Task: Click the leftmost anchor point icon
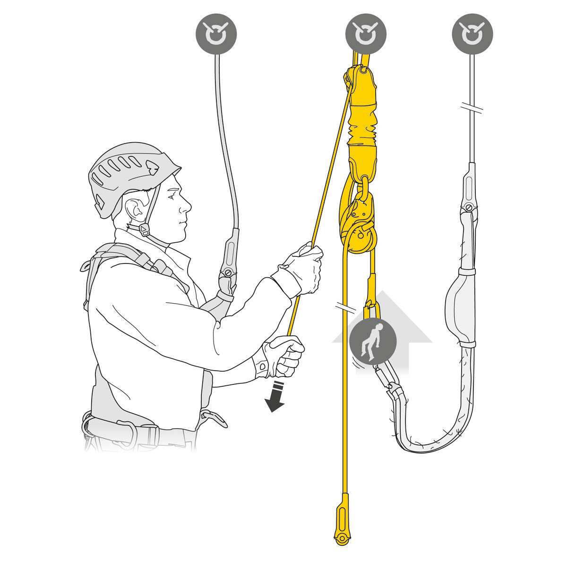[216, 34]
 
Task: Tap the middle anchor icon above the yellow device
[365, 34]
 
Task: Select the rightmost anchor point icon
[472, 34]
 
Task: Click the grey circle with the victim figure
[372, 340]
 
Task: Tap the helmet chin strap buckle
[145, 230]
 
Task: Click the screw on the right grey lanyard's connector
[469, 206]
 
